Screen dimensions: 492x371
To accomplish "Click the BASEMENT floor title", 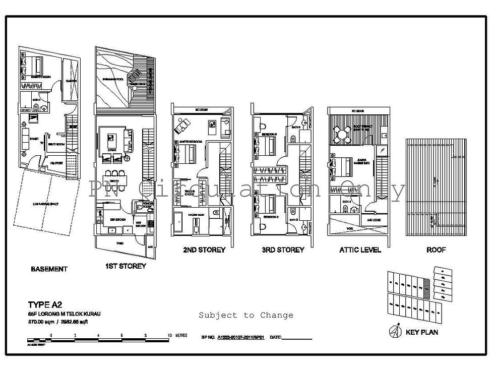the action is [x=49, y=269].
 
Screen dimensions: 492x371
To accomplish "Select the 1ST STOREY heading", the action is [x=126, y=266].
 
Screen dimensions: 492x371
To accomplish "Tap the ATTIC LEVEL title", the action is [x=360, y=250].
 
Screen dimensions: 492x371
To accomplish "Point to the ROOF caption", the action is [x=436, y=250].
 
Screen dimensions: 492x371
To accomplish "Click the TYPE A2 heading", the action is [x=45, y=305].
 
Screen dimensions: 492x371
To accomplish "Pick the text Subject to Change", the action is [x=245, y=315].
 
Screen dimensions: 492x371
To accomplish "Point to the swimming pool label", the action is [x=114, y=79].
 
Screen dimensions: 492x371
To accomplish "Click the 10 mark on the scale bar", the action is [x=170, y=335].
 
